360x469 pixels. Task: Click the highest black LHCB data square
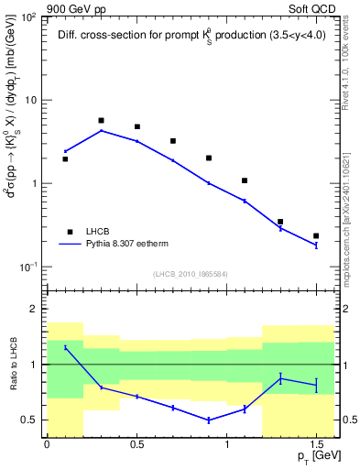tap(101, 120)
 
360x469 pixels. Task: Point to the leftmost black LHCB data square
tap(65, 158)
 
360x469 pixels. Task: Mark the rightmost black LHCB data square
tap(316, 236)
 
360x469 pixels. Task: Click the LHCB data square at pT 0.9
tap(209, 158)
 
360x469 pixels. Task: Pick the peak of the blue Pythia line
tap(101, 130)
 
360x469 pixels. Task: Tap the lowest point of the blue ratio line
tap(209, 420)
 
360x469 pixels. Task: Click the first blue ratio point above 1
tap(65, 347)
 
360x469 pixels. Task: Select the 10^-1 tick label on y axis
tap(29, 267)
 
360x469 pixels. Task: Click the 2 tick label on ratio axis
tap(35, 310)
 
